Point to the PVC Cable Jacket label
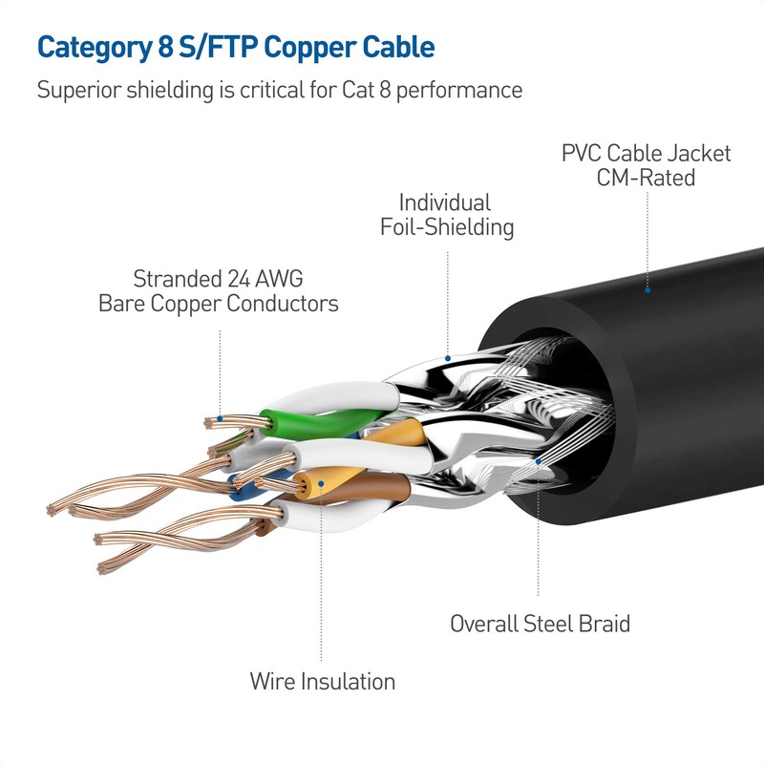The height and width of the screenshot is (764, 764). coord(646,153)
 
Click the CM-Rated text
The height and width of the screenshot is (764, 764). coord(646,178)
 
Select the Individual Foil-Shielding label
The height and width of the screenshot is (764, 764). coord(446,215)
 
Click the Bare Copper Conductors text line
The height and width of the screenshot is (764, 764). coord(218,305)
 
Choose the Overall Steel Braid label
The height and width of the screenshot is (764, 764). coord(540,624)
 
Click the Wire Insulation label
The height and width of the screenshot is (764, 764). coord(322,682)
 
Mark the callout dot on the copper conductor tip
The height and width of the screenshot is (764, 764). coord(220,417)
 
